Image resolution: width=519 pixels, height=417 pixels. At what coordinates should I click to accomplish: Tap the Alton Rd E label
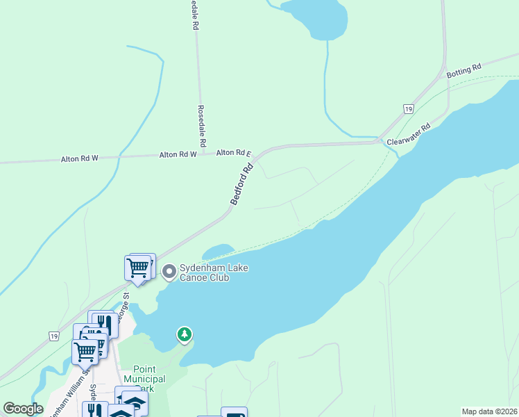(x=233, y=153)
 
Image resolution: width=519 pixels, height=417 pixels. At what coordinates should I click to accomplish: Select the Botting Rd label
(x=463, y=71)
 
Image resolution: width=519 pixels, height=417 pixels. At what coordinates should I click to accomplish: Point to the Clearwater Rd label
(x=409, y=134)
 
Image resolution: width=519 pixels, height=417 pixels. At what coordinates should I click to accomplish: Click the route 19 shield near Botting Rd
(x=409, y=109)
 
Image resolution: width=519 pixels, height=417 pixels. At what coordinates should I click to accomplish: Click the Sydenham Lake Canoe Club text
(x=204, y=273)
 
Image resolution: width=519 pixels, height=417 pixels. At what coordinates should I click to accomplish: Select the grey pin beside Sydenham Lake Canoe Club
(x=168, y=272)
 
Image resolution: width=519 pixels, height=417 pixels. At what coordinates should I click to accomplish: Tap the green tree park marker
(x=184, y=335)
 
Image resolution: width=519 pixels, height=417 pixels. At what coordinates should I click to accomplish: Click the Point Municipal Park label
(x=144, y=379)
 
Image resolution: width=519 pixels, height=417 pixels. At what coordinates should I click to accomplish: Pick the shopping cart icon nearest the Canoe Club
(x=137, y=267)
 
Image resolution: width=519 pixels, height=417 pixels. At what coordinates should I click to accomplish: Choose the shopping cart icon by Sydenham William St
(x=85, y=351)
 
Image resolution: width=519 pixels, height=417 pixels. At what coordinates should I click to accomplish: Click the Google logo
(x=23, y=409)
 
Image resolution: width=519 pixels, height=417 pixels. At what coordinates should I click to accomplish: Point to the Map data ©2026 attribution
(x=489, y=411)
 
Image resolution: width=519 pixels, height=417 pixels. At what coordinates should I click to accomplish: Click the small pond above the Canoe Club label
(x=219, y=250)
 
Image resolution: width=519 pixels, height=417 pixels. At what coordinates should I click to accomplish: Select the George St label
(x=126, y=306)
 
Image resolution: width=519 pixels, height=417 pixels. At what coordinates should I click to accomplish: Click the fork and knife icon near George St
(x=104, y=322)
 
